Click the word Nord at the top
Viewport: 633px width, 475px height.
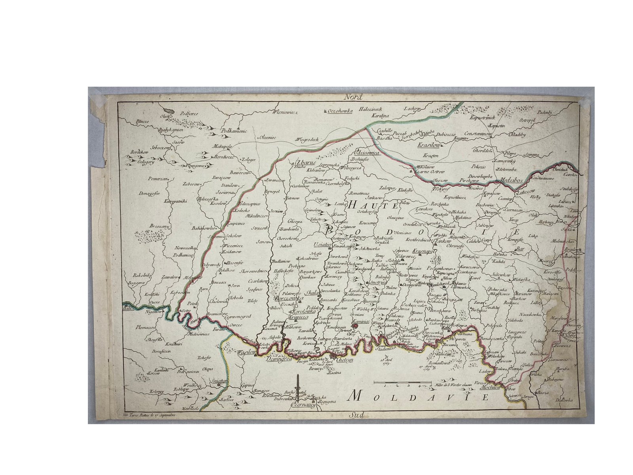(353, 97)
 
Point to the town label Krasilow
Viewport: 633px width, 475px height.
(429, 145)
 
